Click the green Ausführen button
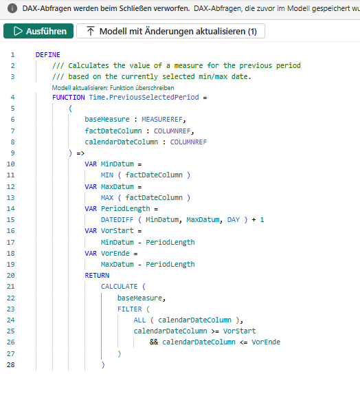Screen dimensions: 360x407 click(x=38, y=31)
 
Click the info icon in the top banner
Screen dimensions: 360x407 click(x=12, y=8)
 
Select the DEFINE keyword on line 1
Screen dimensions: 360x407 click(x=47, y=55)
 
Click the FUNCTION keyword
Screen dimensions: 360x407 click(x=69, y=98)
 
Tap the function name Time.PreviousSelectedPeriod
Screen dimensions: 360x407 click(x=144, y=98)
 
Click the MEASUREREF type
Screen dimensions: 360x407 click(x=162, y=120)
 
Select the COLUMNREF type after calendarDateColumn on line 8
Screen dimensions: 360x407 click(x=188, y=142)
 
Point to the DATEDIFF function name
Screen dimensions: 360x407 click(x=117, y=220)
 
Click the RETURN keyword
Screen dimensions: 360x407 click(x=97, y=276)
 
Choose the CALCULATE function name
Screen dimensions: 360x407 click(x=120, y=287)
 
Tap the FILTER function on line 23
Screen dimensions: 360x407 click(x=130, y=309)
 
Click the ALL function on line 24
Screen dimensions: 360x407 click(x=139, y=320)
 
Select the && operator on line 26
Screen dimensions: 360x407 click(x=154, y=342)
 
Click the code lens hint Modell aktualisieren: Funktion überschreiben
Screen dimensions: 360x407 click(x=113, y=88)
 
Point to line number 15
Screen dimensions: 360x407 click(x=10, y=220)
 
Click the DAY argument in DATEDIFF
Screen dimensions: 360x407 click(x=234, y=220)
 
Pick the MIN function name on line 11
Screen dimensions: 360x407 click(x=107, y=175)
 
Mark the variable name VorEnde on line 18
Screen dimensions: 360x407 click(x=115, y=253)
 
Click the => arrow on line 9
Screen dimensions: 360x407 click(x=80, y=153)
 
